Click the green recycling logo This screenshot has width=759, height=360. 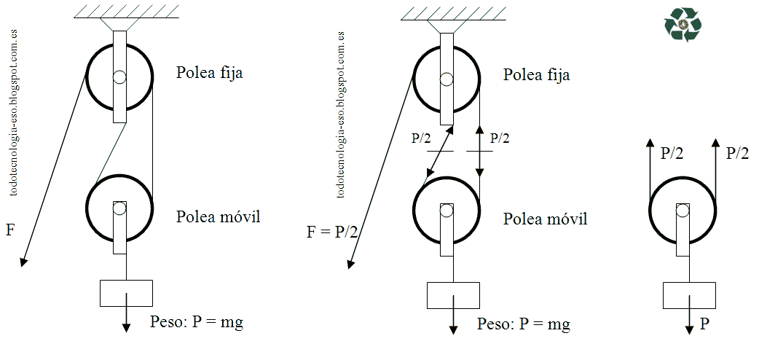[682, 25]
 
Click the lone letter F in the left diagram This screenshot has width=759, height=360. [9, 231]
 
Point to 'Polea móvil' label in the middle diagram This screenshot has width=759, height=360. [546, 219]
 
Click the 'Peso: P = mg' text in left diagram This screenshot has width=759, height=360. [196, 322]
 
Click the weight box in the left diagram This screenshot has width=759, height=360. [126, 293]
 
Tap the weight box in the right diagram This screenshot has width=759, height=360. [689, 295]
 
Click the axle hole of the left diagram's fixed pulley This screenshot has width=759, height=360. [119, 77]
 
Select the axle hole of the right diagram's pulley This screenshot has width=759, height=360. [682, 211]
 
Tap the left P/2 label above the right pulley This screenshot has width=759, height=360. [671, 154]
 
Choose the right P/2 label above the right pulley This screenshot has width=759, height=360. [737, 153]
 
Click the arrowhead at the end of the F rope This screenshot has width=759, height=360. [23, 262]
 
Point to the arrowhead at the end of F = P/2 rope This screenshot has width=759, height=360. [351, 263]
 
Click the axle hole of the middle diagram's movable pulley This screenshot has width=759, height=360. [447, 211]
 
